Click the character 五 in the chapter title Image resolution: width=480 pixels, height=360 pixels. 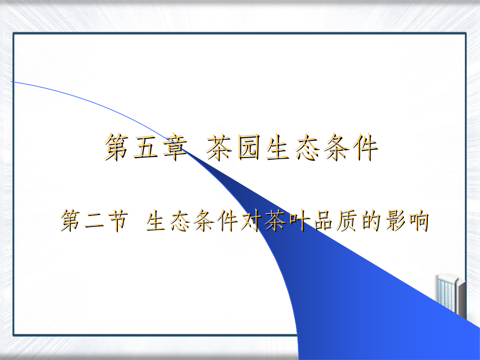[146, 147]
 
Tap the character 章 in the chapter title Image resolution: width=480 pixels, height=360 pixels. [174, 147]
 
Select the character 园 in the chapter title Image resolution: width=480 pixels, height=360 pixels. [249, 147]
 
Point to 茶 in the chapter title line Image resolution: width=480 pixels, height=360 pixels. [219, 147]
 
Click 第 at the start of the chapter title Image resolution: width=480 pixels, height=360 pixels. [116, 147]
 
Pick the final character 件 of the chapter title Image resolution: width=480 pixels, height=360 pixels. [365, 147]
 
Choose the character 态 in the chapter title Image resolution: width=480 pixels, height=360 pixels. [307, 147]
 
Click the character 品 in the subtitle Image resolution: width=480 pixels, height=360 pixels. [322, 220]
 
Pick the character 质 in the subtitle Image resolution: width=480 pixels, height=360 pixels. [346, 220]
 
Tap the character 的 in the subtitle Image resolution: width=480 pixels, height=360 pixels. [370, 220]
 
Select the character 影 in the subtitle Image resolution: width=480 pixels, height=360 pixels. [394, 220]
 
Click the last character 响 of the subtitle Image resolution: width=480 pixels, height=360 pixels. [417, 220]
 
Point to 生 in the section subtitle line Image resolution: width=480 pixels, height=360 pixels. [157, 220]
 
